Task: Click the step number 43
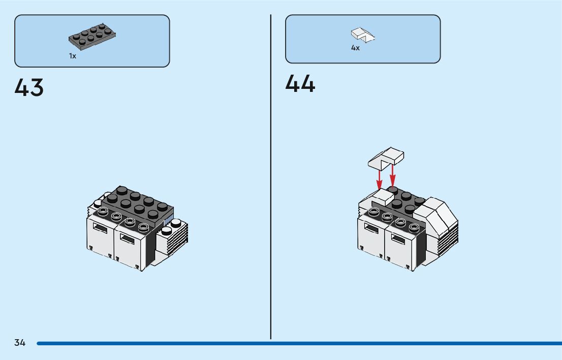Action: point(29,88)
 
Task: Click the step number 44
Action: point(300,84)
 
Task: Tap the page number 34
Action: point(20,343)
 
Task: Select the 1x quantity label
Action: point(73,56)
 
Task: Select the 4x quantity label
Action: point(355,48)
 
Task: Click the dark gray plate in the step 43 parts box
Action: point(92,37)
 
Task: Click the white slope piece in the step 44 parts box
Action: point(363,35)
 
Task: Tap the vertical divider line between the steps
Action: point(271,178)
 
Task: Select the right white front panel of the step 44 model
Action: point(399,246)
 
